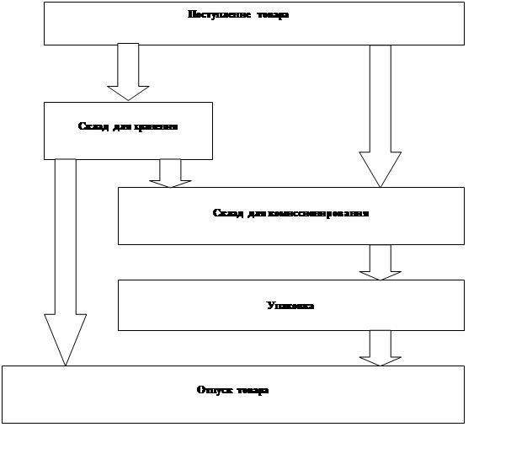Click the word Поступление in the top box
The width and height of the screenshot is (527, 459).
coord(212,14)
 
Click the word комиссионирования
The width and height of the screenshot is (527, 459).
coord(318,213)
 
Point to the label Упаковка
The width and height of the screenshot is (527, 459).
coord(290,306)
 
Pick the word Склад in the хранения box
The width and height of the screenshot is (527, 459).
coord(92,126)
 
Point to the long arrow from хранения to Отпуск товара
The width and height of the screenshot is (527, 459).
coord(65,253)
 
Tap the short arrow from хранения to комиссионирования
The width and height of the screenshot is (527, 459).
coord(170,173)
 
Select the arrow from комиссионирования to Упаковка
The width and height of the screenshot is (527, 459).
coord(380,261)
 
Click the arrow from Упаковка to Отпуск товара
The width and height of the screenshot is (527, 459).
coord(380,347)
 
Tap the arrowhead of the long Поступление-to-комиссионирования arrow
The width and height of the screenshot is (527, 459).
coord(380,168)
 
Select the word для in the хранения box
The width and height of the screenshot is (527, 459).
coord(122,126)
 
